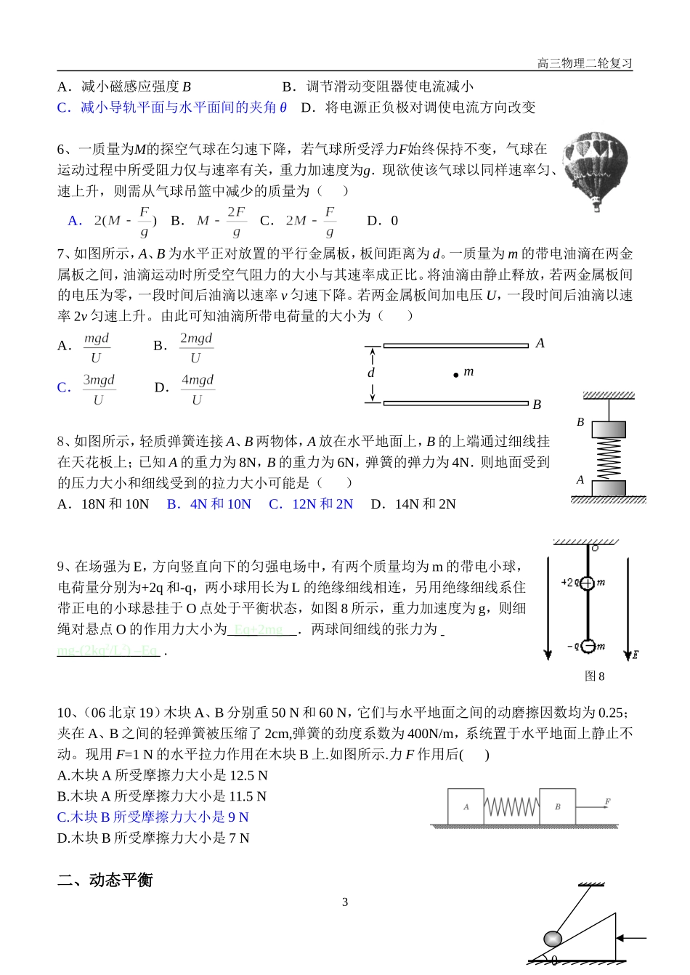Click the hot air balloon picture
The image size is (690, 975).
(596, 171)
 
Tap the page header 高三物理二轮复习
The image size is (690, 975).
(585, 63)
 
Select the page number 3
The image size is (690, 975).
(345, 902)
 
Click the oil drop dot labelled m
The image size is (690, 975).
(456, 375)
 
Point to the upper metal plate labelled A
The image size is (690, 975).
(455, 346)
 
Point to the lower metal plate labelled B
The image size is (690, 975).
(455, 402)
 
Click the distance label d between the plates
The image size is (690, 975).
(371, 373)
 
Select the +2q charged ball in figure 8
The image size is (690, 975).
(588, 582)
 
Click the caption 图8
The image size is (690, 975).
(594, 676)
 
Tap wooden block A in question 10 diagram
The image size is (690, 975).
(466, 806)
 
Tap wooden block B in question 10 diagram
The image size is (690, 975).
(557, 806)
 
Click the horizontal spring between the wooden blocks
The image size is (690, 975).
(511, 806)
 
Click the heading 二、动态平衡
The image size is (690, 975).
(105, 880)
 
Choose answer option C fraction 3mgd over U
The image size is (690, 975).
(98, 389)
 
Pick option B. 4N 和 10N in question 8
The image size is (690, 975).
(209, 504)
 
